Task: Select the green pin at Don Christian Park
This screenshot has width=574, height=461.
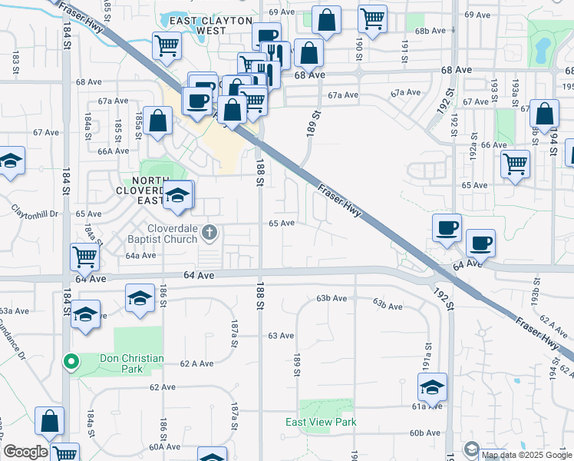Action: [x=71, y=360]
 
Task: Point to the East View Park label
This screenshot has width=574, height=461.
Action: [x=321, y=422]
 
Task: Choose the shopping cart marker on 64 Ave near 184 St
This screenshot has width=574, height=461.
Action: [x=84, y=256]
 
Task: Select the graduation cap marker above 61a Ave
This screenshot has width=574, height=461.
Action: [x=432, y=386]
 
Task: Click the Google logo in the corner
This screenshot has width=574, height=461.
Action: [x=25, y=452]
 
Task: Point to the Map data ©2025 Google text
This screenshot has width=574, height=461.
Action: [x=526, y=455]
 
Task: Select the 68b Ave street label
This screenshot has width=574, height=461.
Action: [x=430, y=31]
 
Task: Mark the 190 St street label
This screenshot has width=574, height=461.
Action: [x=358, y=45]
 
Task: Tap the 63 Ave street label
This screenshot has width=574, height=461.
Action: [x=281, y=336]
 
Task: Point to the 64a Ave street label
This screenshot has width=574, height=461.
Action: [x=140, y=255]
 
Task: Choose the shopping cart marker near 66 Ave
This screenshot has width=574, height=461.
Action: [x=515, y=163]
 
